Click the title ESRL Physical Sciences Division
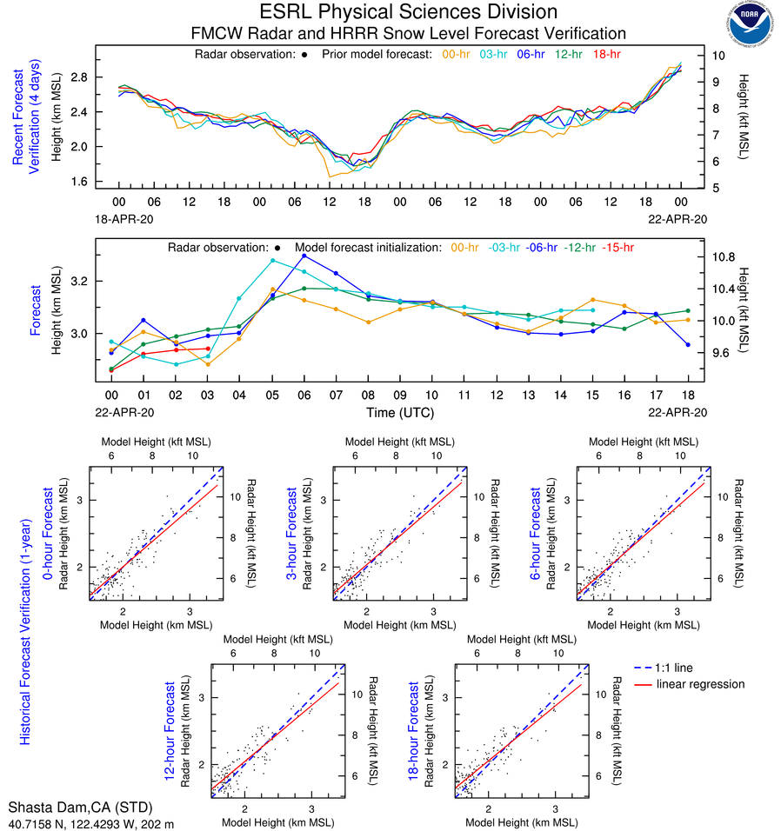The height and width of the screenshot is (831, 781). pos(409,12)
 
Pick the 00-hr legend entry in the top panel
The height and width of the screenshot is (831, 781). pos(457,55)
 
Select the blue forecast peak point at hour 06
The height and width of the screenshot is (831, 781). pos(304,256)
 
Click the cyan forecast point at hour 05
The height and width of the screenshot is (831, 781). pos(272,260)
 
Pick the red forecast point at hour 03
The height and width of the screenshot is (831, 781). pos(208,349)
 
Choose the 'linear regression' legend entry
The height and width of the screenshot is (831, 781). pos(701,684)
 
